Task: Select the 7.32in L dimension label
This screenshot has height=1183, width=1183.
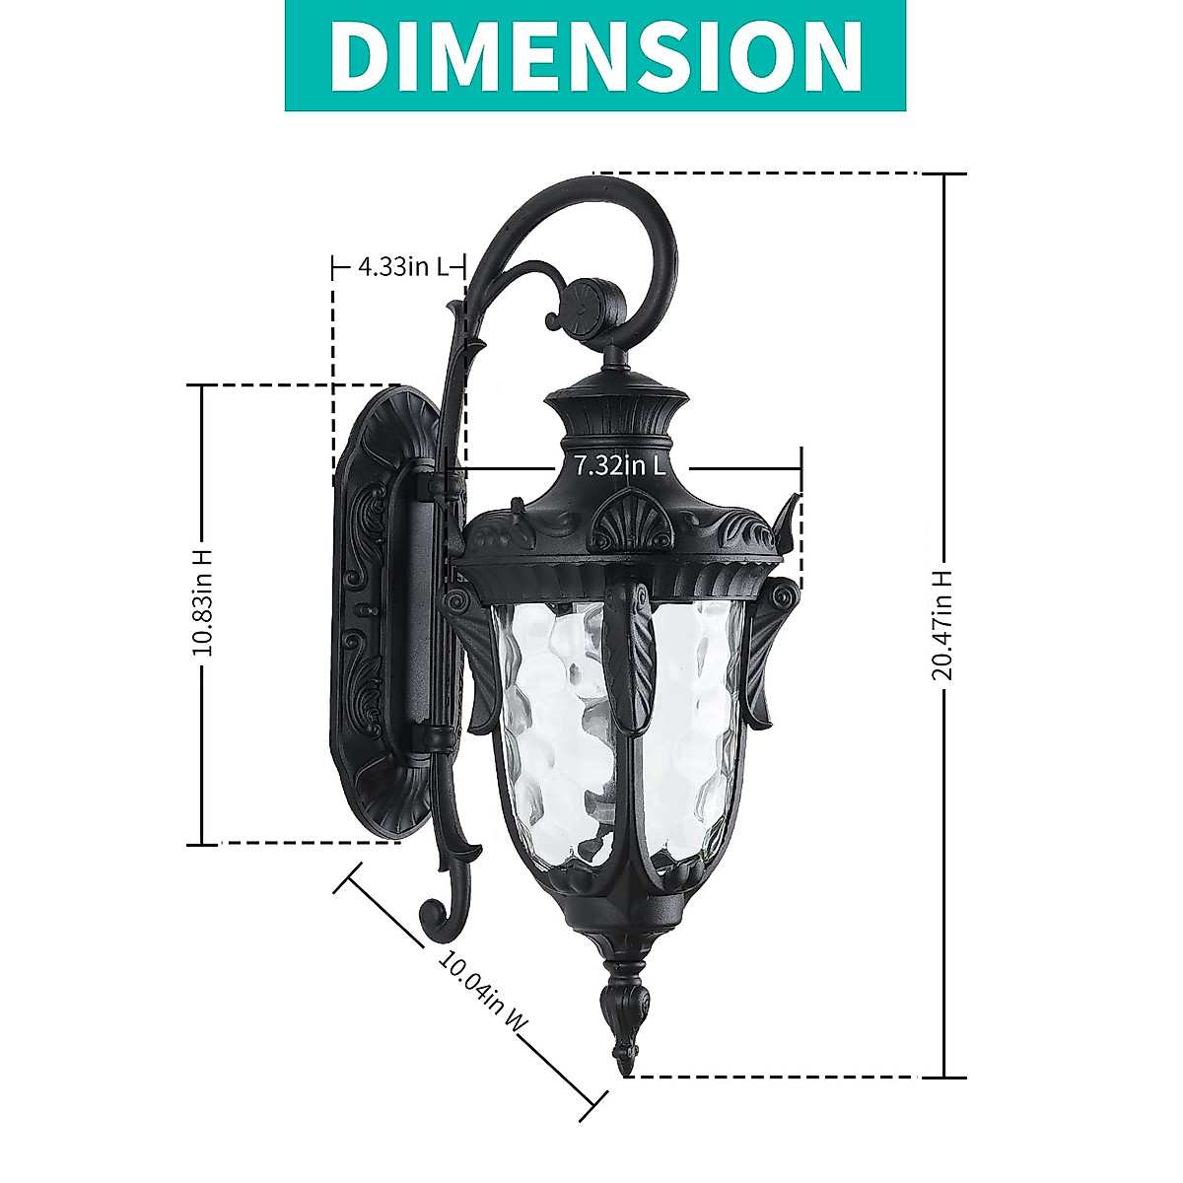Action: (620, 465)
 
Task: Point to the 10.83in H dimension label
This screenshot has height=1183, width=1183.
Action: (203, 602)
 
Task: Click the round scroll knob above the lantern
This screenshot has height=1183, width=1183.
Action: (592, 301)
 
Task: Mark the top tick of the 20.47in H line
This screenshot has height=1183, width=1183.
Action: (943, 174)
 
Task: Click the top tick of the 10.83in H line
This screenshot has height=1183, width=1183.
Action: (203, 385)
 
